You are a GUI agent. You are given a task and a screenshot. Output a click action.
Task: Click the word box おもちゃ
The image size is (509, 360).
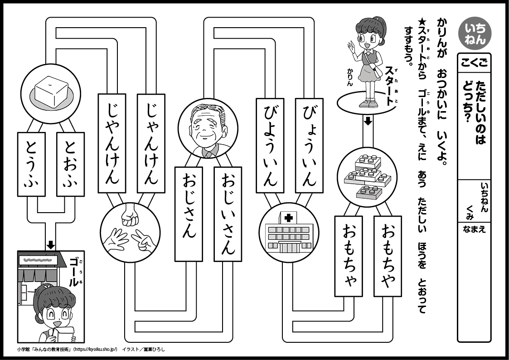point(349,256)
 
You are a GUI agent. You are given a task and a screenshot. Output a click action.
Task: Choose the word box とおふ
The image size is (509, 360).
point(71,164)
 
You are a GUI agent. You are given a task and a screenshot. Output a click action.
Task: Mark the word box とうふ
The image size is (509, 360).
point(31,164)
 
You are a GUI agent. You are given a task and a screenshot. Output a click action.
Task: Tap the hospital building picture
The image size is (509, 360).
point(286,232)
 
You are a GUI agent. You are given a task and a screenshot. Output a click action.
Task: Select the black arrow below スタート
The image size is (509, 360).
point(368,121)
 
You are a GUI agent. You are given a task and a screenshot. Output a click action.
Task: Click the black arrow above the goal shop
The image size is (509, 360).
point(51,244)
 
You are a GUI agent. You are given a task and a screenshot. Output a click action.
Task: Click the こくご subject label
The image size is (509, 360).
point(474,63)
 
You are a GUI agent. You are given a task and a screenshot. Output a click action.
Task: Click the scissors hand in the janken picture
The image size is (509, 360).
point(143,241)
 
